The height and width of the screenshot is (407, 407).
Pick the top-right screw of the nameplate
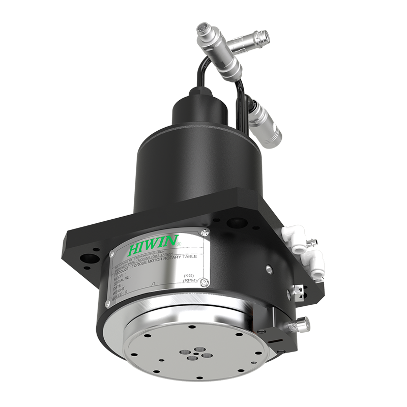[205, 233]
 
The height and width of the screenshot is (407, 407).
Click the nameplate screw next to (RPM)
[204, 283]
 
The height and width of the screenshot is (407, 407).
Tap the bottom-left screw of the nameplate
[107, 304]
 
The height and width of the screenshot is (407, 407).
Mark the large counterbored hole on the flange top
[236, 222]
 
